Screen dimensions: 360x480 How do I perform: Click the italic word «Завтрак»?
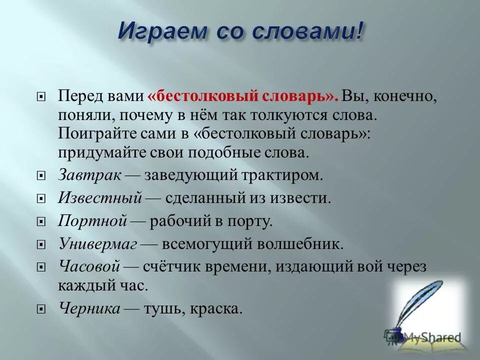coord(89,175)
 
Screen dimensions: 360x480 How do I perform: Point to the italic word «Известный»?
coord(100,198)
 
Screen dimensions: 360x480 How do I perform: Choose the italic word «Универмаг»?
coord(98,244)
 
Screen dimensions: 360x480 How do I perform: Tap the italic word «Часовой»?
coord(89,266)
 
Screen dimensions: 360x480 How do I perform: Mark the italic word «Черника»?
coord(89,308)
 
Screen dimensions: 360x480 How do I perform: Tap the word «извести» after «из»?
coord(304,198)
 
